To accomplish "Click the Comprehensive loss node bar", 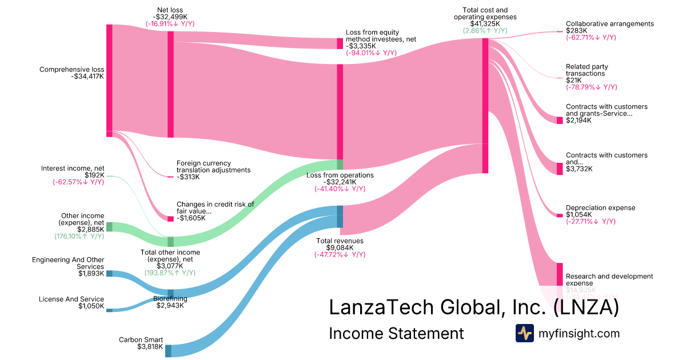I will [109, 80].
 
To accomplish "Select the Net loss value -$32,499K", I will [170, 17].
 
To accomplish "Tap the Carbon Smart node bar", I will [168, 350].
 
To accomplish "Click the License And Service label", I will [71, 299].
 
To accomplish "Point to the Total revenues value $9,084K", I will [340, 247].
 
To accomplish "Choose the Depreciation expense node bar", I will [560, 215].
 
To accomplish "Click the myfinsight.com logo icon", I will [524, 333].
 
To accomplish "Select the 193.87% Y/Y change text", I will [170, 273].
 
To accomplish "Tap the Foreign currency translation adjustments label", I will [213, 166].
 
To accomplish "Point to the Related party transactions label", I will [587, 70].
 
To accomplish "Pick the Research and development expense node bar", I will [560, 274].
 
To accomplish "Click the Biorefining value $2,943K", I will [170, 305].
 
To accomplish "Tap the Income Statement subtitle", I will [396, 334].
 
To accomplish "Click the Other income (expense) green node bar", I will [109, 227].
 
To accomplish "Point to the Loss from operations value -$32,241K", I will [340, 182].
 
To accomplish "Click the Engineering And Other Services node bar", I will [109, 274].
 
